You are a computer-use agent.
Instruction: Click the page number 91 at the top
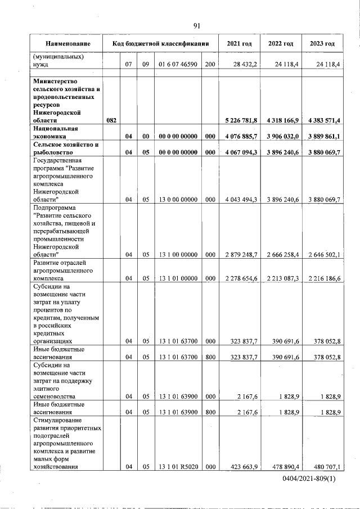[x=197, y=25]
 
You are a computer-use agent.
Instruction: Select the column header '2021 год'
[x=239, y=43]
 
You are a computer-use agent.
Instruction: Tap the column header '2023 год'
[x=322, y=43]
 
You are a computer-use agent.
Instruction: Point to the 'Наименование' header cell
[x=67, y=43]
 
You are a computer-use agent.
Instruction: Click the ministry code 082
[x=111, y=120]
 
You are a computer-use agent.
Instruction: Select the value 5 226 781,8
[x=241, y=120]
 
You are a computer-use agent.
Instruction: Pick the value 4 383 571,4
[x=323, y=120]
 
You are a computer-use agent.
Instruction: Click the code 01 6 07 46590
[x=178, y=65]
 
